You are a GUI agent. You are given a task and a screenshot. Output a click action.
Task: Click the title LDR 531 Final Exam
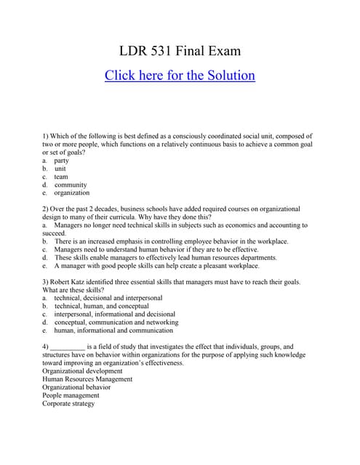[x=180, y=52]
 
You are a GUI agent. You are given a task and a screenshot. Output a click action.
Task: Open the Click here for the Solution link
[x=180, y=76]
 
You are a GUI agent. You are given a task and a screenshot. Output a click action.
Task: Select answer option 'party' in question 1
[x=62, y=161]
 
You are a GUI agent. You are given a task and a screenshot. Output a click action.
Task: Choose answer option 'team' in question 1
[x=61, y=177]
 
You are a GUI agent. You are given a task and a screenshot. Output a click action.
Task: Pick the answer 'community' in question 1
[x=71, y=185]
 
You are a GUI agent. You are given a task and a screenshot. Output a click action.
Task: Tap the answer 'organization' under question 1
[x=72, y=193]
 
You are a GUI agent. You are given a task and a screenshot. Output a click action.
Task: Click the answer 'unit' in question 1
[x=60, y=169]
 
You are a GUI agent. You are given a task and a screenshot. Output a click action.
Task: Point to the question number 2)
[x=46, y=209]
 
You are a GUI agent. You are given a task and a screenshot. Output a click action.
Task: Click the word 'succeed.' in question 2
[x=55, y=233]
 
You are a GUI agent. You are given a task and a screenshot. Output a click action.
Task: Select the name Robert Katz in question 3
[x=72, y=282]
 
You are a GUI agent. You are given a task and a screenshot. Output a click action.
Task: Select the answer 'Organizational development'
[x=83, y=371]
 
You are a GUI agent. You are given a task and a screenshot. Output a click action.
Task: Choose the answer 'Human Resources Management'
[x=87, y=379]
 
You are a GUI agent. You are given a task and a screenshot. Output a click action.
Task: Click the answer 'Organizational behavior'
[x=76, y=387]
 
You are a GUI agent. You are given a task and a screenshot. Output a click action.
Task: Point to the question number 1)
[x=46, y=137]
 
